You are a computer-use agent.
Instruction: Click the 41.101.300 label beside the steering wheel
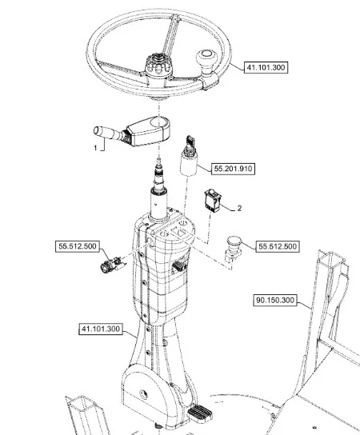click(266, 67)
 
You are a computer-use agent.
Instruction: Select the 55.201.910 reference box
click(233, 169)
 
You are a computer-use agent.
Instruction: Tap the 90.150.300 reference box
click(274, 301)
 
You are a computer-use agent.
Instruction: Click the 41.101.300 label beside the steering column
click(101, 329)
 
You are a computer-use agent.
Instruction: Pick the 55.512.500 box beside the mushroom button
click(278, 246)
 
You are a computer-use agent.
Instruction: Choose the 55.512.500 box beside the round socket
click(78, 246)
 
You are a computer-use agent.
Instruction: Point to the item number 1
click(95, 148)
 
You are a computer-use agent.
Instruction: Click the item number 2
click(239, 208)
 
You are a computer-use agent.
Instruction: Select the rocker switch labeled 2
click(213, 200)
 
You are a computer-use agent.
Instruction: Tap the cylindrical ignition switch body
click(189, 164)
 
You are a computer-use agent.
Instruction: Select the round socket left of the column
click(110, 265)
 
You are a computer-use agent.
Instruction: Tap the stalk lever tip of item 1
click(99, 131)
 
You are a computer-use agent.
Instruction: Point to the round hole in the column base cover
click(143, 393)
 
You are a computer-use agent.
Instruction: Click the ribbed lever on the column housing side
click(179, 265)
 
